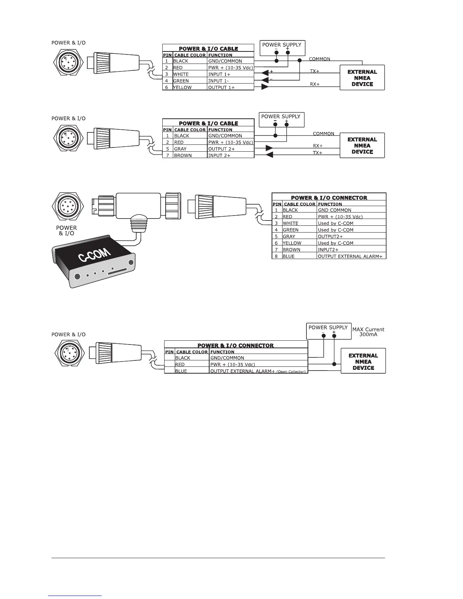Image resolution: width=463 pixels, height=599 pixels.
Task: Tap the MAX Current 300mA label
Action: pos(368,332)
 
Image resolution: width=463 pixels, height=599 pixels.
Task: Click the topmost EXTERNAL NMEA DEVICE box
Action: pos(362,78)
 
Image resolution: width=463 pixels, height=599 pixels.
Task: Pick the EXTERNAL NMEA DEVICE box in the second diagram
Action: pos(362,146)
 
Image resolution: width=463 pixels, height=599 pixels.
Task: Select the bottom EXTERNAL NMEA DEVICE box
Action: pos(363,362)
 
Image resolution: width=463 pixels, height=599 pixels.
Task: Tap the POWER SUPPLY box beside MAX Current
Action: pos(328,331)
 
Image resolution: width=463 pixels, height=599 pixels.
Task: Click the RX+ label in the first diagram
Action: pos(315,84)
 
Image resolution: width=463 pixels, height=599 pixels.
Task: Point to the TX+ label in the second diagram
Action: pos(318,153)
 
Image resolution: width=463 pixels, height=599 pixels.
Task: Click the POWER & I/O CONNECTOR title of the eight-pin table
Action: pos(329,198)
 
